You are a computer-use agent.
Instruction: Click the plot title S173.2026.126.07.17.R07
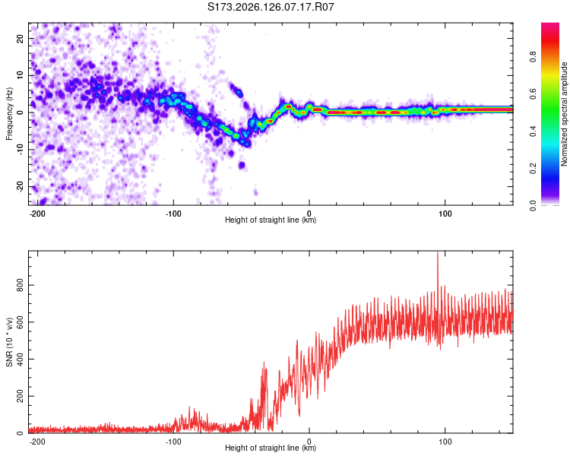coord(271,7)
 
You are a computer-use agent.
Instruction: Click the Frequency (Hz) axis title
coord(9,114)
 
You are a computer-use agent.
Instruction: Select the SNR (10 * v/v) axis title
coord(9,342)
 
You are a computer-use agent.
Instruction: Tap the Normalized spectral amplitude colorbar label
coord(564,114)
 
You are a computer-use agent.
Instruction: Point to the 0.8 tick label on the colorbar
coord(533,57)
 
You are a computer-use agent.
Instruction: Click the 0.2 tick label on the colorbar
coord(533,169)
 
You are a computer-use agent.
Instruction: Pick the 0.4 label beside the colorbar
coord(533,131)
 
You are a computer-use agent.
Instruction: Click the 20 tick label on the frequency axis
coord(20,39)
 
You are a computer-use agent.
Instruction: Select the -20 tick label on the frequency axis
coord(20,187)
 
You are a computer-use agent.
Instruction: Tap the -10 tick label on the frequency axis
coord(20,150)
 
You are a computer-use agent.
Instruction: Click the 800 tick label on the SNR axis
coord(20,285)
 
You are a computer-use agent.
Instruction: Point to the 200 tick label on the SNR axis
coord(20,396)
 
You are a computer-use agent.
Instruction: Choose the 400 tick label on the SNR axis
coord(20,359)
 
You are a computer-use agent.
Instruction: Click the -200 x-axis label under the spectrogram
coord(37,214)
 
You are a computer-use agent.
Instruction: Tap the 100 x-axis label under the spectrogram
coord(445,214)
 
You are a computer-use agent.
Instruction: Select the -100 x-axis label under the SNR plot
coord(173,442)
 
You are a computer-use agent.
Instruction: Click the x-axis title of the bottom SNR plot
coord(271,448)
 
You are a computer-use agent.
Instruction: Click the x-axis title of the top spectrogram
coord(271,220)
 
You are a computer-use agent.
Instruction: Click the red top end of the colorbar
coord(550,24)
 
